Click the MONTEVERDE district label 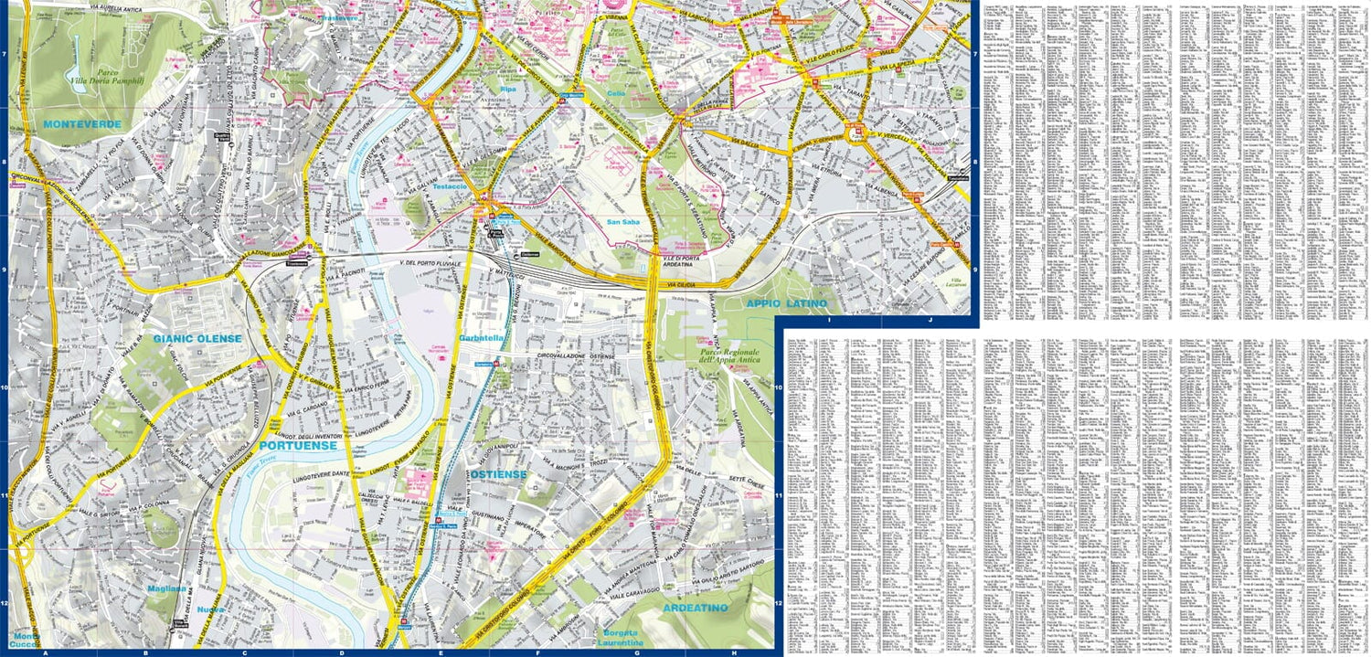tap(80, 122)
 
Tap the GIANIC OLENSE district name tap(197, 339)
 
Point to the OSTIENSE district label tap(500, 474)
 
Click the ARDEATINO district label tap(696, 608)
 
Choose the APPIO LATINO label tap(786, 303)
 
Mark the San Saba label tap(628, 221)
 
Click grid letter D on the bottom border tap(341, 652)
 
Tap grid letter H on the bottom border tap(734, 652)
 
